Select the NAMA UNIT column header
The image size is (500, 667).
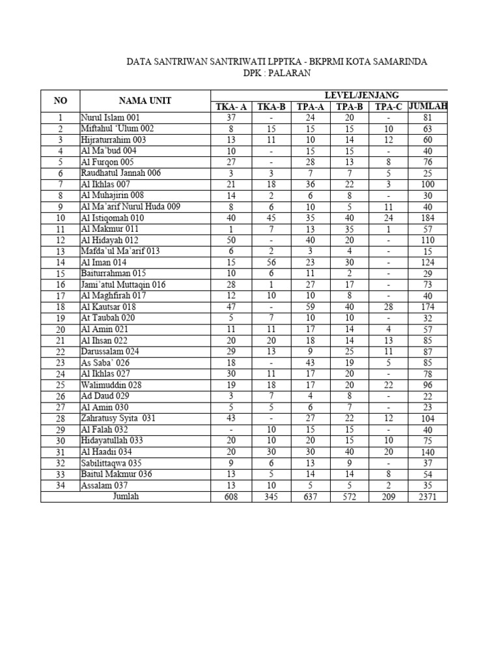click(x=145, y=100)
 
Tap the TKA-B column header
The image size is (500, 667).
click(x=272, y=107)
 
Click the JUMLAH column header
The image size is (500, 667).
click(x=428, y=107)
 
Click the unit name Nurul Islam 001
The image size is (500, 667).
click(x=110, y=118)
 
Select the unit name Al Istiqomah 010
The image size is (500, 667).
click(x=112, y=218)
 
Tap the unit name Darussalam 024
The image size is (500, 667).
click(x=110, y=351)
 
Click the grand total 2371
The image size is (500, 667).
click(x=428, y=497)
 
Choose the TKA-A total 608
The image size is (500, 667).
click(x=232, y=497)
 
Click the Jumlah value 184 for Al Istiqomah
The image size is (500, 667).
click(x=428, y=218)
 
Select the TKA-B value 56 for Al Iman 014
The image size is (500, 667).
click(x=272, y=262)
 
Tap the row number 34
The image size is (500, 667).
click(x=60, y=485)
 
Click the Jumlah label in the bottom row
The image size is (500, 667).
click(x=126, y=496)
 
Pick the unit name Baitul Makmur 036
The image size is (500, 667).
click(x=117, y=474)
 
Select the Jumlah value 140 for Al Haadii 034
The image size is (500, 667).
click(x=428, y=451)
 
